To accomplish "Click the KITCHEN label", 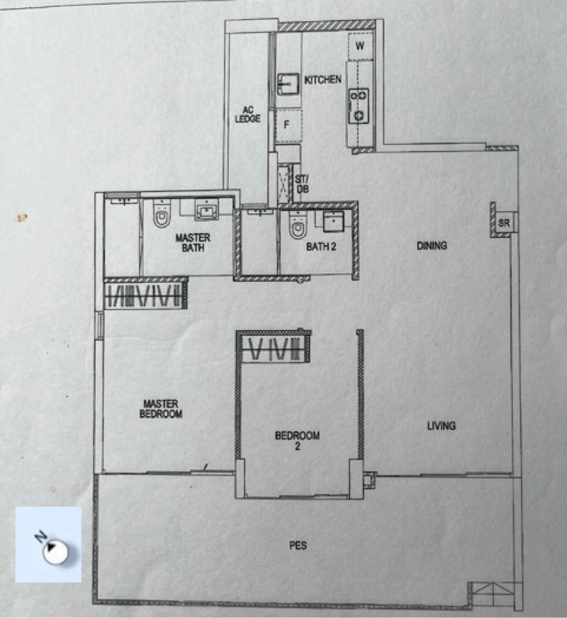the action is point(322,79).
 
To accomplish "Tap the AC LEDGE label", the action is point(248,114).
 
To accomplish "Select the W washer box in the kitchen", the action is point(360,46).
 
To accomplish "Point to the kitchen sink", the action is point(288,84).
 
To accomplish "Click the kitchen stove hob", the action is point(359,106).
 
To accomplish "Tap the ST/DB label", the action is point(302,184).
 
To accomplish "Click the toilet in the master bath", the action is point(162,213).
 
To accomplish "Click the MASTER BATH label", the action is point(193,242).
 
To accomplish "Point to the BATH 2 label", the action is point(321,247).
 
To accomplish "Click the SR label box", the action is point(504,223).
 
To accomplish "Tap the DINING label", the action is point(432,245).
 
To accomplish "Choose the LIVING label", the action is point(442,426).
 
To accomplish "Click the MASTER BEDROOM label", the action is point(161,409).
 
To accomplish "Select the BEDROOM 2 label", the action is point(298,441).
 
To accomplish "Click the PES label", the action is point(298,546).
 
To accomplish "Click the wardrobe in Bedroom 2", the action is point(274,347).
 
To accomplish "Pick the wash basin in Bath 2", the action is point(333,222).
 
